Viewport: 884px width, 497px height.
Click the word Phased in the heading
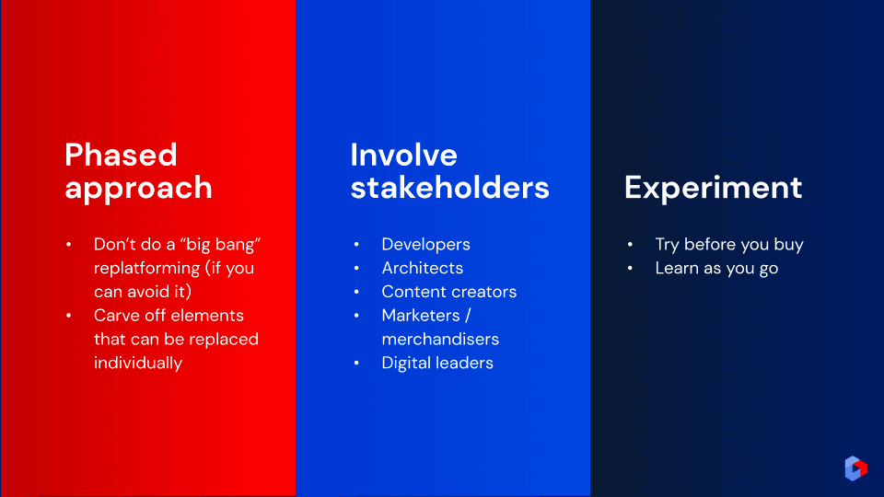coord(121,155)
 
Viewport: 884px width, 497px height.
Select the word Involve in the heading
coord(403,155)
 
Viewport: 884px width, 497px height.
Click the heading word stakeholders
coord(450,187)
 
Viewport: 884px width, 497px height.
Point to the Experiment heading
coord(713,188)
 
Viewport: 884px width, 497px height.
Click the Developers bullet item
coord(425,245)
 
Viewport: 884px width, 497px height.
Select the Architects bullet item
coord(423,268)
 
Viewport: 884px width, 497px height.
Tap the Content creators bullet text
coord(448,292)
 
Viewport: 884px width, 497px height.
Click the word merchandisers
coord(440,339)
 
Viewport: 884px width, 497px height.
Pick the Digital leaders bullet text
coord(437,363)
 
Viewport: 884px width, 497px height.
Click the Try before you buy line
coord(729,245)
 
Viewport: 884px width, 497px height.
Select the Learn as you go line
coord(716,268)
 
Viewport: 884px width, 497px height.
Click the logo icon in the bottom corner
coord(855,468)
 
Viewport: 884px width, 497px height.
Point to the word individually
coord(138,363)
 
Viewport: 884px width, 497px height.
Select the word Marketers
coord(421,315)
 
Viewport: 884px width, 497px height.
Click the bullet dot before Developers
coord(356,245)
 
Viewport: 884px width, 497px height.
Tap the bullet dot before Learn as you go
coord(630,268)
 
